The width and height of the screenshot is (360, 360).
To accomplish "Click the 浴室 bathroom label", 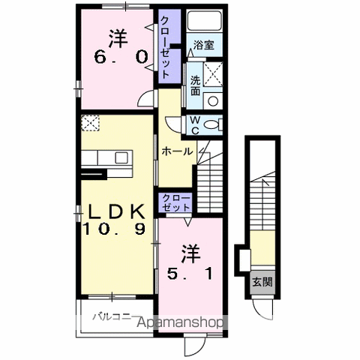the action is pyautogui.click(x=204, y=45).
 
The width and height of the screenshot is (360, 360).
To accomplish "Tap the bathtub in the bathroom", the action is pyautogui.click(x=205, y=21).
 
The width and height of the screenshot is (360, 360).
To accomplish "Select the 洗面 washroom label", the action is pyautogui.click(x=195, y=85).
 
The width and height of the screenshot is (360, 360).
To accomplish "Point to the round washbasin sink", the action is pyautogui.click(x=213, y=101).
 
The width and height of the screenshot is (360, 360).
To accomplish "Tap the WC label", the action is pyautogui.click(x=195, y=125).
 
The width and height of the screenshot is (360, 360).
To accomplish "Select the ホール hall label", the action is pyautogui.click(x=177, y=151).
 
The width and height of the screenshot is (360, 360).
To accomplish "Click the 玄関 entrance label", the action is pyautogui.click(x=262, y=282).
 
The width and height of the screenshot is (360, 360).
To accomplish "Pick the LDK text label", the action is pyautogui.click(x=117, y=212).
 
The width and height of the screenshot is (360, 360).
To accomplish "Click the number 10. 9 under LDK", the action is pyautogui.click(x=114, y=229).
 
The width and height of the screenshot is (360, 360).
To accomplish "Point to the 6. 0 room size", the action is pyautogui.click(x=120, y=58).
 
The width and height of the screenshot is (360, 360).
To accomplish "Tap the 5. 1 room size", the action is pyautogui.click(x=190, y=273).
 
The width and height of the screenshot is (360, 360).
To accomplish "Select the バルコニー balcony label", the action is pyautogui.click(x=115, y=316).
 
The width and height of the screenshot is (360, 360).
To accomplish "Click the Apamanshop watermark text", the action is pyautogui.click(x=181, y=322).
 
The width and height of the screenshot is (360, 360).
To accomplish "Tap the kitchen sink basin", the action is pyautogui.click(x=121, y=157).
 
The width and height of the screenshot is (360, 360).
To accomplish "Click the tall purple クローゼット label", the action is pyautogui.click(x=165, y=47).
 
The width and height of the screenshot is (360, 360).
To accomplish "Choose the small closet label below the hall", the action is pyautogui.click(x=176, y=203).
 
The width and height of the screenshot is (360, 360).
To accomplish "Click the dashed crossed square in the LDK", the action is pyautogui.click(x=90, y=123).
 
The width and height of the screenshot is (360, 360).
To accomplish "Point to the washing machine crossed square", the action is pyautogui.click(x=213, y=74).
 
